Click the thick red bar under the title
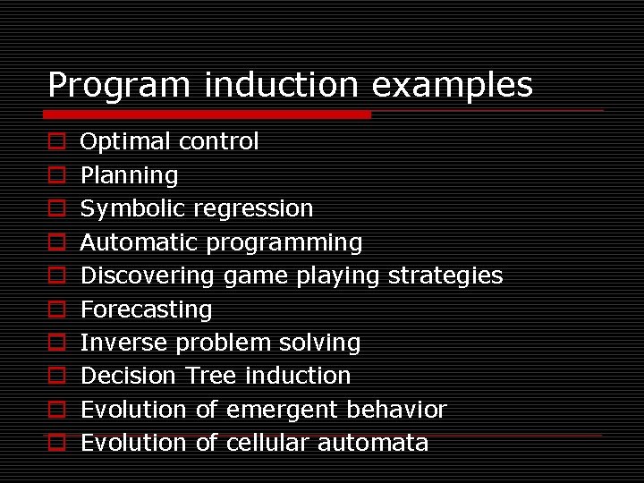(x=207, y=114)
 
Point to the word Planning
(x=129, y=175)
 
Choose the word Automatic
(x=140, y=242)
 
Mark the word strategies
(x=445, y=275)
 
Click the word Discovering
(x=148, y=275)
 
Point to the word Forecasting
(x=146, y=309)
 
